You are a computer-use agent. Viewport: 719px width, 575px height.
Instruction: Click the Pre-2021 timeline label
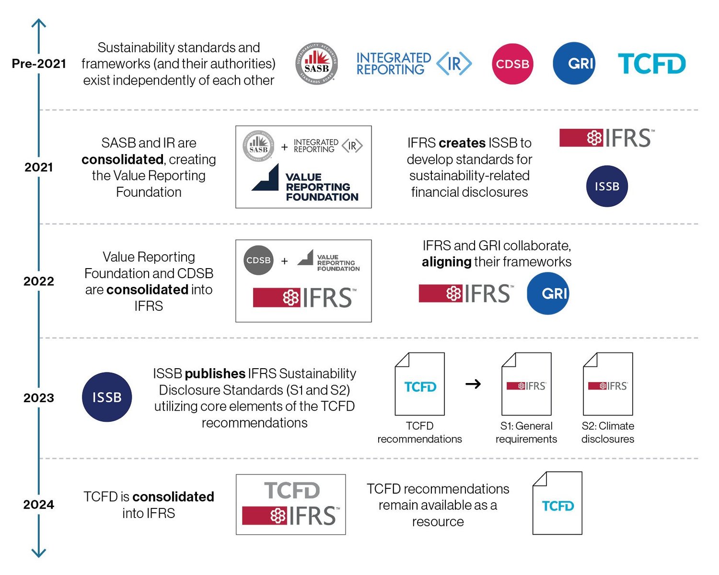39,64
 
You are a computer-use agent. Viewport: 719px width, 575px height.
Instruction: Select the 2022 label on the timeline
39,281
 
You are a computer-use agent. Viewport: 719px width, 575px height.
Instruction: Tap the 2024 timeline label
39,505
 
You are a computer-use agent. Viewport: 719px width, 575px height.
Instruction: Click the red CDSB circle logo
512,64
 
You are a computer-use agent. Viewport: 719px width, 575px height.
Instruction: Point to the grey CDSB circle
259,260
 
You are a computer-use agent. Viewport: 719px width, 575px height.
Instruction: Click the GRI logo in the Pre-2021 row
574,63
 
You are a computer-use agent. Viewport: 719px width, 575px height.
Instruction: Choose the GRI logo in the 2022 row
548,293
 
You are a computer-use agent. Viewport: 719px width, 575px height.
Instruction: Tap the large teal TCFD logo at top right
651,64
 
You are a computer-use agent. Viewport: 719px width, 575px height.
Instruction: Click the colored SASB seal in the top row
316,64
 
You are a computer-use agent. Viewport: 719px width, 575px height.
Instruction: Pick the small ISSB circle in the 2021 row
607,186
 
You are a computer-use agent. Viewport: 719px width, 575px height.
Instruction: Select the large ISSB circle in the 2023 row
107,397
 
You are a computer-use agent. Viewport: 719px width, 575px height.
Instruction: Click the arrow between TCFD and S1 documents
473,384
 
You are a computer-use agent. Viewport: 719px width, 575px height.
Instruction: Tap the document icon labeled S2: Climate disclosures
608,384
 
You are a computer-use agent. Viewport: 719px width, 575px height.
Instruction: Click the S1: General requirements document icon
526,384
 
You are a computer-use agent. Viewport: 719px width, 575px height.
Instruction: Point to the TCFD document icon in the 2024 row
557,503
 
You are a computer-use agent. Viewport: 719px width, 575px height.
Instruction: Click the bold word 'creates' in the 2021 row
462,143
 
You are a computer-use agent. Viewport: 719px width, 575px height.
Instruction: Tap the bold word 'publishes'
215,373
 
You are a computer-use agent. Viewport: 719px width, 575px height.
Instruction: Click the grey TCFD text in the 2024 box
291,490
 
